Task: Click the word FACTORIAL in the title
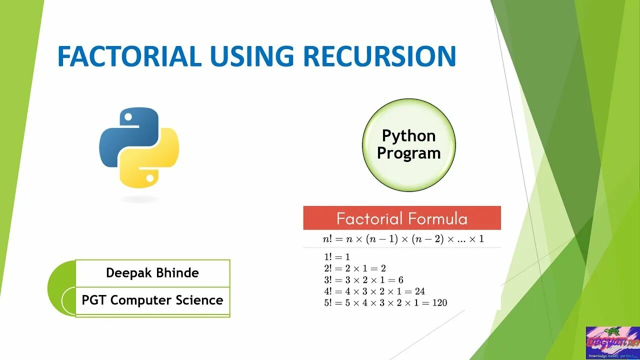[x=129, y=56]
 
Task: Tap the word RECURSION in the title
[x=379, y=56]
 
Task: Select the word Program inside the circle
[x=408, y=153]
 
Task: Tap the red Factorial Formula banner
[x=401, y=218]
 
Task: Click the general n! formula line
[x=403, y=239]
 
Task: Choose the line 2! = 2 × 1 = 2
[x=355, y=268]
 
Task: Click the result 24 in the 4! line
[x=419, y=291]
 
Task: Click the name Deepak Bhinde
[x=152, y=273]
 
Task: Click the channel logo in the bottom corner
[x=612, y=343]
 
